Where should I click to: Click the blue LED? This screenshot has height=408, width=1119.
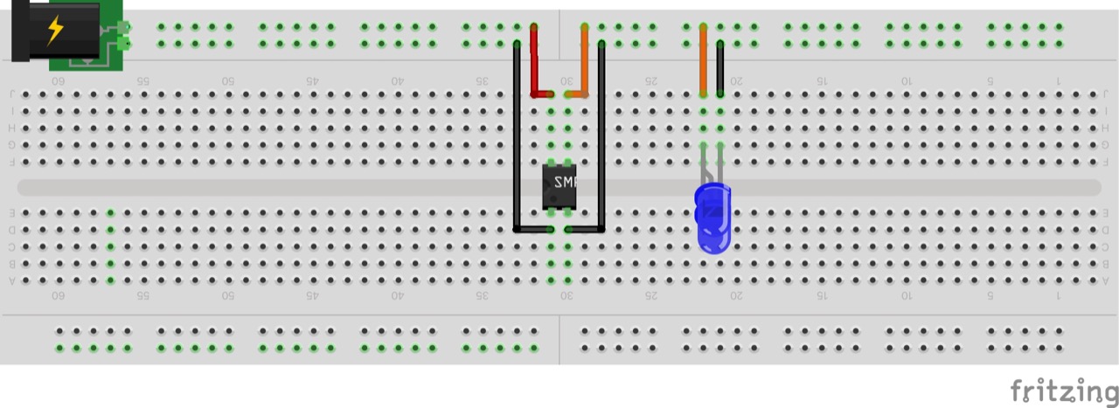pyautogui.click(x=712, y=218)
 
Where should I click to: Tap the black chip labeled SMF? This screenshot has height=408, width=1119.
pyautogui.click(x=559, y=186)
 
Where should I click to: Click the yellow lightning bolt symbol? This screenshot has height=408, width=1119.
pyautogui.click(x=54, y=31)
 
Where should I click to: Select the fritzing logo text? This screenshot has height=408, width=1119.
pyautogui.click(x=1063, y=390)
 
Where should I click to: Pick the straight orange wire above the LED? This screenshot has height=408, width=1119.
pyautogui.click(x=703, y=66)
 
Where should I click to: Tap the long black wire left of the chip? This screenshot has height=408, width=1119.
pyautogui.click(x=517, y=140)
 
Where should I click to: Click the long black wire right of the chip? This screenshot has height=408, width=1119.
pyautogui.click(x=601, y=140)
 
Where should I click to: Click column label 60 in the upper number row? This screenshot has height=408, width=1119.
pyautogui.click(x=59, y=80)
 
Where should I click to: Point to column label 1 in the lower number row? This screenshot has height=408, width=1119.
pyautogui.click(x=1059, y=295)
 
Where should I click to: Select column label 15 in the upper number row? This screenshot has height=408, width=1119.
pyautogui.click(x=821, y=80)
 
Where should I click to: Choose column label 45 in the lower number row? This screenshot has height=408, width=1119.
pyautogui.click(x=312, y=295)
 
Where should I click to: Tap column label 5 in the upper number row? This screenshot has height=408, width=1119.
pyautogui.click(x=990, y=80)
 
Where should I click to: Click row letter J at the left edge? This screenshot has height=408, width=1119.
pyautogui.click(x=12, y=94)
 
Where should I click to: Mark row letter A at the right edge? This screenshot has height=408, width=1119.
pyautogui.click(x=1106, y=280)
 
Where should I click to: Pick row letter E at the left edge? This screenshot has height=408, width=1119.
pyautogui.click(x=12, y=212)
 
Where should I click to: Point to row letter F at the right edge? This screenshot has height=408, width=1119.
pyautogui.click(x=1106, y=162)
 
